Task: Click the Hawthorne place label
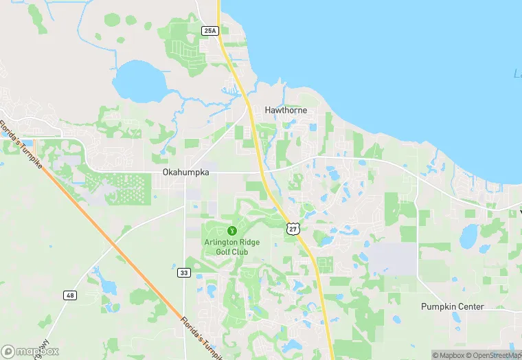point(286,110)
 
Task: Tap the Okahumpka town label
point(185,173)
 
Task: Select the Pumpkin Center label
point(453,306)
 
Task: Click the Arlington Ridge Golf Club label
point(225,247)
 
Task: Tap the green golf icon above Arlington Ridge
point(232,229)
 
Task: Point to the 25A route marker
point(210,30)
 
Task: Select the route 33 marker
point(183,273)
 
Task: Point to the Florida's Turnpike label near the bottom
point(201,337)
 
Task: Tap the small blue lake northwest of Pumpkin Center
point(468,236)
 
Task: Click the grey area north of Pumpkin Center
point(395,259)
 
